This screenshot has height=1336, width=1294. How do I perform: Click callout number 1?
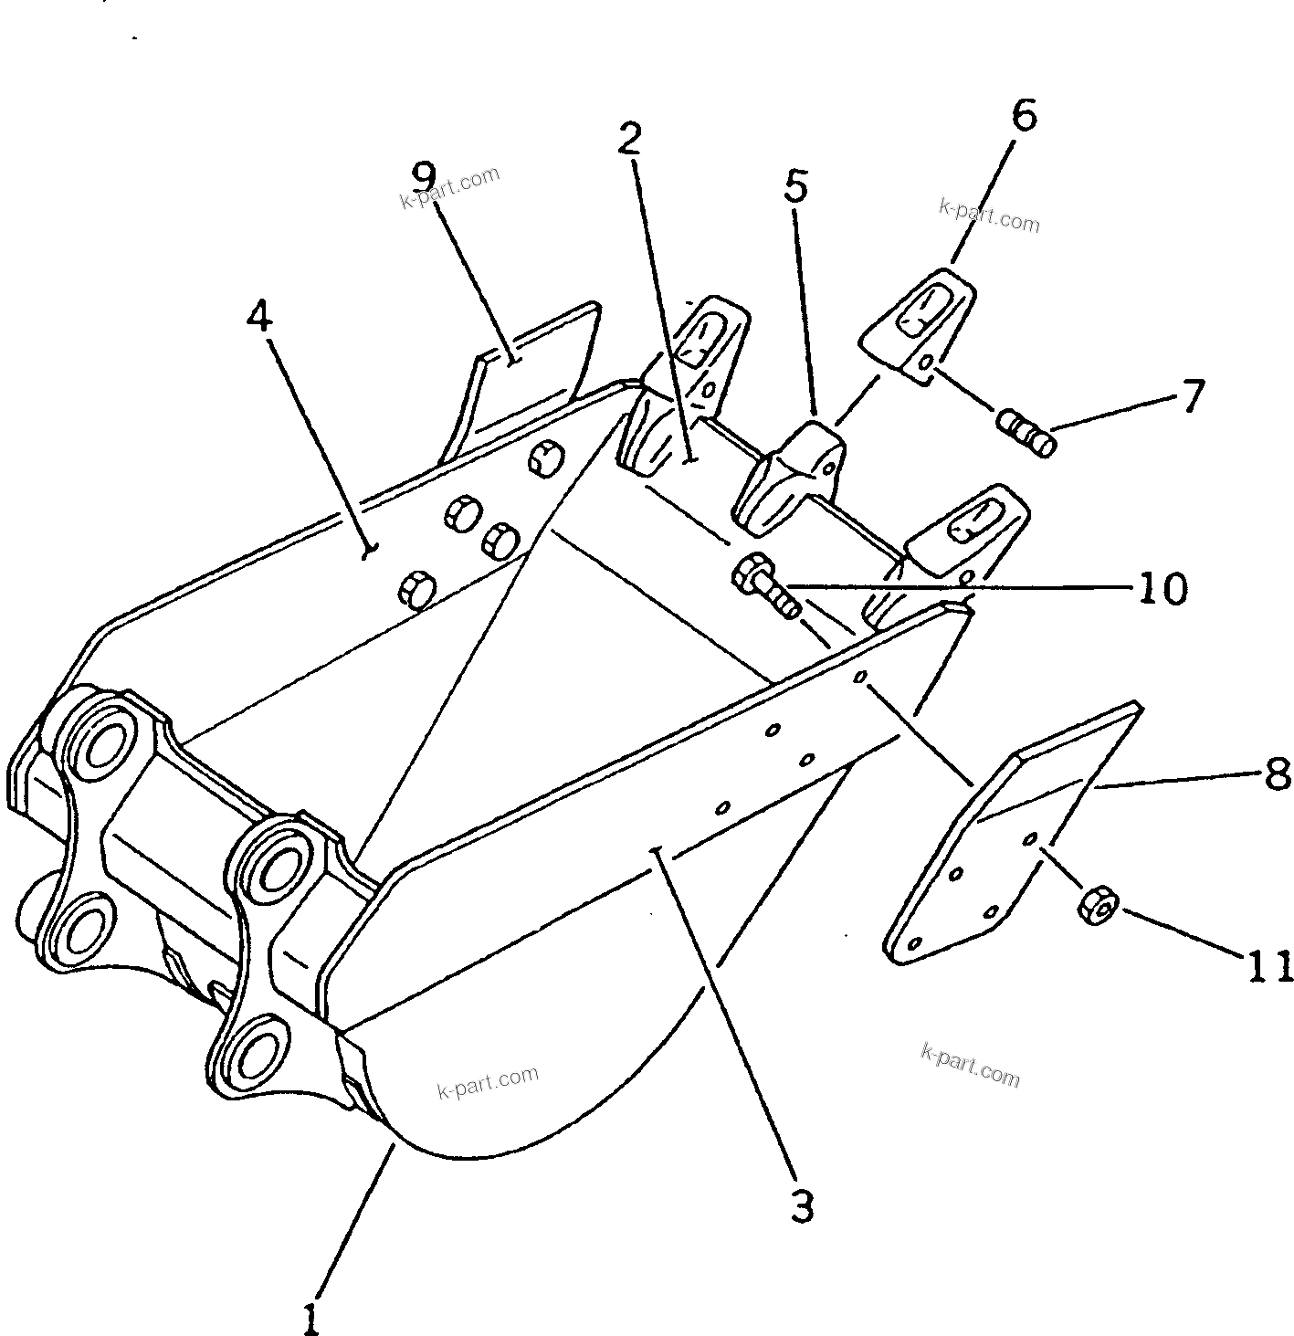[311, 1317]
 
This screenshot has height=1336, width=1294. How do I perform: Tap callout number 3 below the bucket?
[801, 1208]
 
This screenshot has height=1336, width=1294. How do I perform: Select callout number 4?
[259, 316]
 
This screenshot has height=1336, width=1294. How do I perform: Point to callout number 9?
[424, 174]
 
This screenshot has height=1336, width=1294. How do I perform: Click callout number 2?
[629, 139]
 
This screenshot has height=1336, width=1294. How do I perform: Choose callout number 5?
[795, 186]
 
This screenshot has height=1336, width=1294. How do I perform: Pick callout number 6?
[1025, 116]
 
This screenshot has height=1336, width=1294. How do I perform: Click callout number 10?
[1162, 589]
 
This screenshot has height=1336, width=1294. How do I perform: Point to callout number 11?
[1268, 966]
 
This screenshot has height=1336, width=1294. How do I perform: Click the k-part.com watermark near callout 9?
[449, 187]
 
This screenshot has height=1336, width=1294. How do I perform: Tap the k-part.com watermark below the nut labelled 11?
[969, 1066]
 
